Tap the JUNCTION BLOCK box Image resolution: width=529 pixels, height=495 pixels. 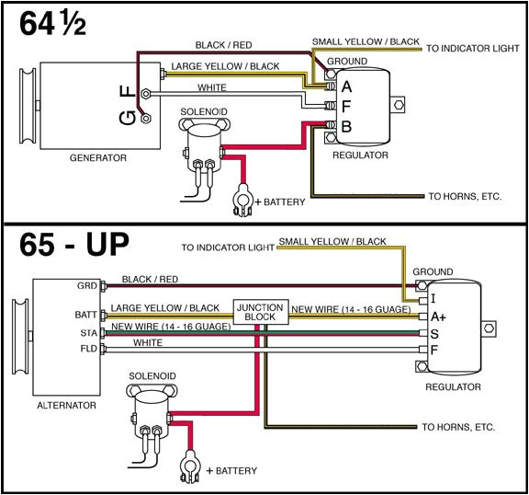(261, 311)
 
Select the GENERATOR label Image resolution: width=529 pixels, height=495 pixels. (97, 157)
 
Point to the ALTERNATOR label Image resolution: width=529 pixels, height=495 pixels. (66, 404)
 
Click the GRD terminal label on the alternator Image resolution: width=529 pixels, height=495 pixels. (87, 285)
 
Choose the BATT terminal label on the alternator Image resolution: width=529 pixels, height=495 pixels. (85, 314)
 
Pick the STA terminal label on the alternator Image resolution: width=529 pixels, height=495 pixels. (87, 332)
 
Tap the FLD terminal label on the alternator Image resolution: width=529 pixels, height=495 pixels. (87, 350)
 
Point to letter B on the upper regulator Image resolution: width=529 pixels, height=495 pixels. (346, 124)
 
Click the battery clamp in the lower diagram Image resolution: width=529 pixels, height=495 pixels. (191, 464)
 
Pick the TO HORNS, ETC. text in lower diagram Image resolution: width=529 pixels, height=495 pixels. (457, 427)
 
